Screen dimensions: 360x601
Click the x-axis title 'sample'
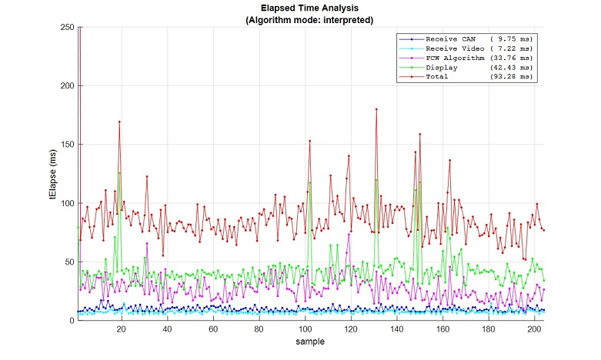coord(312,341)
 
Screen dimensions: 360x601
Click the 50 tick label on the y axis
coord(68,262)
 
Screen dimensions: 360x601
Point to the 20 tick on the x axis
coord(122,329)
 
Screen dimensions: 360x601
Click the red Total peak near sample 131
coord(376,109)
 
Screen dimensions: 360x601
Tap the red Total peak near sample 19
coord(119,122)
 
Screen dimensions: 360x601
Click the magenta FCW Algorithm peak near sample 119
coord(349,235)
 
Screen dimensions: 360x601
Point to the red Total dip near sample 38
coord(162,255)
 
